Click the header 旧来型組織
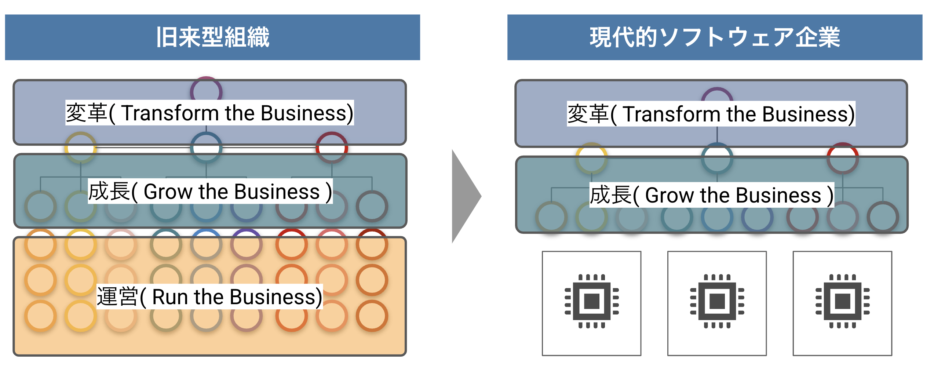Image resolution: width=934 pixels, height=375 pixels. pyautogui.click(x=212, y=37)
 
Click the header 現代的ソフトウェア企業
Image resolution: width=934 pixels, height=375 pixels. pyautogui.click(x=714, y=37)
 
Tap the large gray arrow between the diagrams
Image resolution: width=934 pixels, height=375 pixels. pyautogui.click(x=465, y=196)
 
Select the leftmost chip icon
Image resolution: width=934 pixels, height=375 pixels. pyautogui.click(x=591, y=301)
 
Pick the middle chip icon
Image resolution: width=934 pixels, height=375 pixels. pyautogui.click(x=717, y=301)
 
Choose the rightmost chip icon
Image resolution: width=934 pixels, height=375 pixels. pyautogui.click(x=842, y=301)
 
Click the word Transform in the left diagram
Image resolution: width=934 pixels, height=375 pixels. pyautogui.click(x=170, y=113)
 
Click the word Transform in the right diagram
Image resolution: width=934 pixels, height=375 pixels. pyautogui.click(x=671, y=114)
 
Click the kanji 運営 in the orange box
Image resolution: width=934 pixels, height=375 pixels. pyautogui.click(x=117, y=297)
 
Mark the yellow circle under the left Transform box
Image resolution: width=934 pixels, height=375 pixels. pyautogui.click(x=81, y=148)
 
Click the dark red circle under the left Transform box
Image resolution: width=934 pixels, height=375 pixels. pyautogui.click(x=332, y=148)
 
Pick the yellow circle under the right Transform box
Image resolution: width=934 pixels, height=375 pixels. pyautogui.click(x=591, y=158)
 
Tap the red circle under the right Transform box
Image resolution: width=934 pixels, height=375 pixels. pyautogui.click(x=842, y=158)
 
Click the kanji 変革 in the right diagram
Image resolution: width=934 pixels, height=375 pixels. pyautogui.click(x=588, y=114)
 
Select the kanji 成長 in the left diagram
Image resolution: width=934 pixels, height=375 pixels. pyautogui.click(x=109, y=192)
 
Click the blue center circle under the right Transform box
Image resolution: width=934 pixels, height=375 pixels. pyautogui.click(x=717, y=158)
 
